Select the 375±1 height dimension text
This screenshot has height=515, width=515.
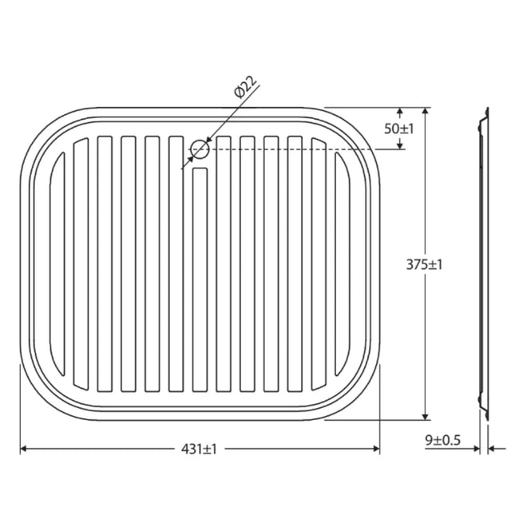pyautogui.click(x=424, y=264)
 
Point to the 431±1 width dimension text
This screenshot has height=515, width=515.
pyautogui.click(x=200, y=450)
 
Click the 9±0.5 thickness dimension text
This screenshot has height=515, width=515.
pyautogui.click(x=442, y=438)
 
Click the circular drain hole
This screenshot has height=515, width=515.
pyautogui.click(x=200, y=149)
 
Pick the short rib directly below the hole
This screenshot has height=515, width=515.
pyautogui.click(x=200, y=279)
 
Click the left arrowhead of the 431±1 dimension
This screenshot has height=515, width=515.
pyautogui.click(x=24, y=450)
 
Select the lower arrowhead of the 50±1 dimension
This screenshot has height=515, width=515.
pyautogui.click(x=401, y=145)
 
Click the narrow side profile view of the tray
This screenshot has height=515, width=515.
pyautogui.click(x=483, y=263)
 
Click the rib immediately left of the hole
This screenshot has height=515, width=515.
pyautogui.click(x=176, y=263)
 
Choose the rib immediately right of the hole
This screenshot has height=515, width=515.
pyautogui.click(x=224, y=263)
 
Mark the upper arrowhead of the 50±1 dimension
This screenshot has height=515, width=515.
pyautogui.click(x=401, y=113)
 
